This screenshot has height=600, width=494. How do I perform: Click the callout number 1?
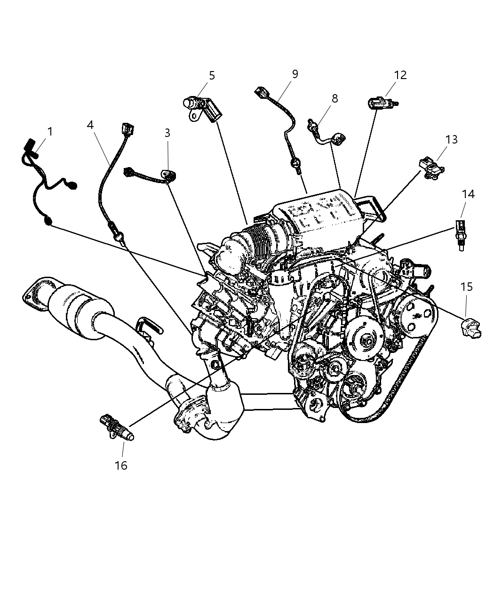(50, 131)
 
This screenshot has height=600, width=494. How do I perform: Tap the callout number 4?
(90, 125)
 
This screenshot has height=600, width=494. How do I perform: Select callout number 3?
(167, 133)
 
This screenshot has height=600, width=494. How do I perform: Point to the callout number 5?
(212, 75)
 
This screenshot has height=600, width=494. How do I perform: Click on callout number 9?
(295, 74)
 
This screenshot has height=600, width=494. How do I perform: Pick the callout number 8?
(335, 98)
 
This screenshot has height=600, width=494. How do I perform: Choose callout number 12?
(400, 75)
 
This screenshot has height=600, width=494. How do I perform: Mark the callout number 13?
(452, 139)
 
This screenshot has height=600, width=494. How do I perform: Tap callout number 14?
(468, 194)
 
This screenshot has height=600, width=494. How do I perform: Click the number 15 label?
(466, 287)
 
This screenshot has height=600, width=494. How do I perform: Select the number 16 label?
(121, 465)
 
